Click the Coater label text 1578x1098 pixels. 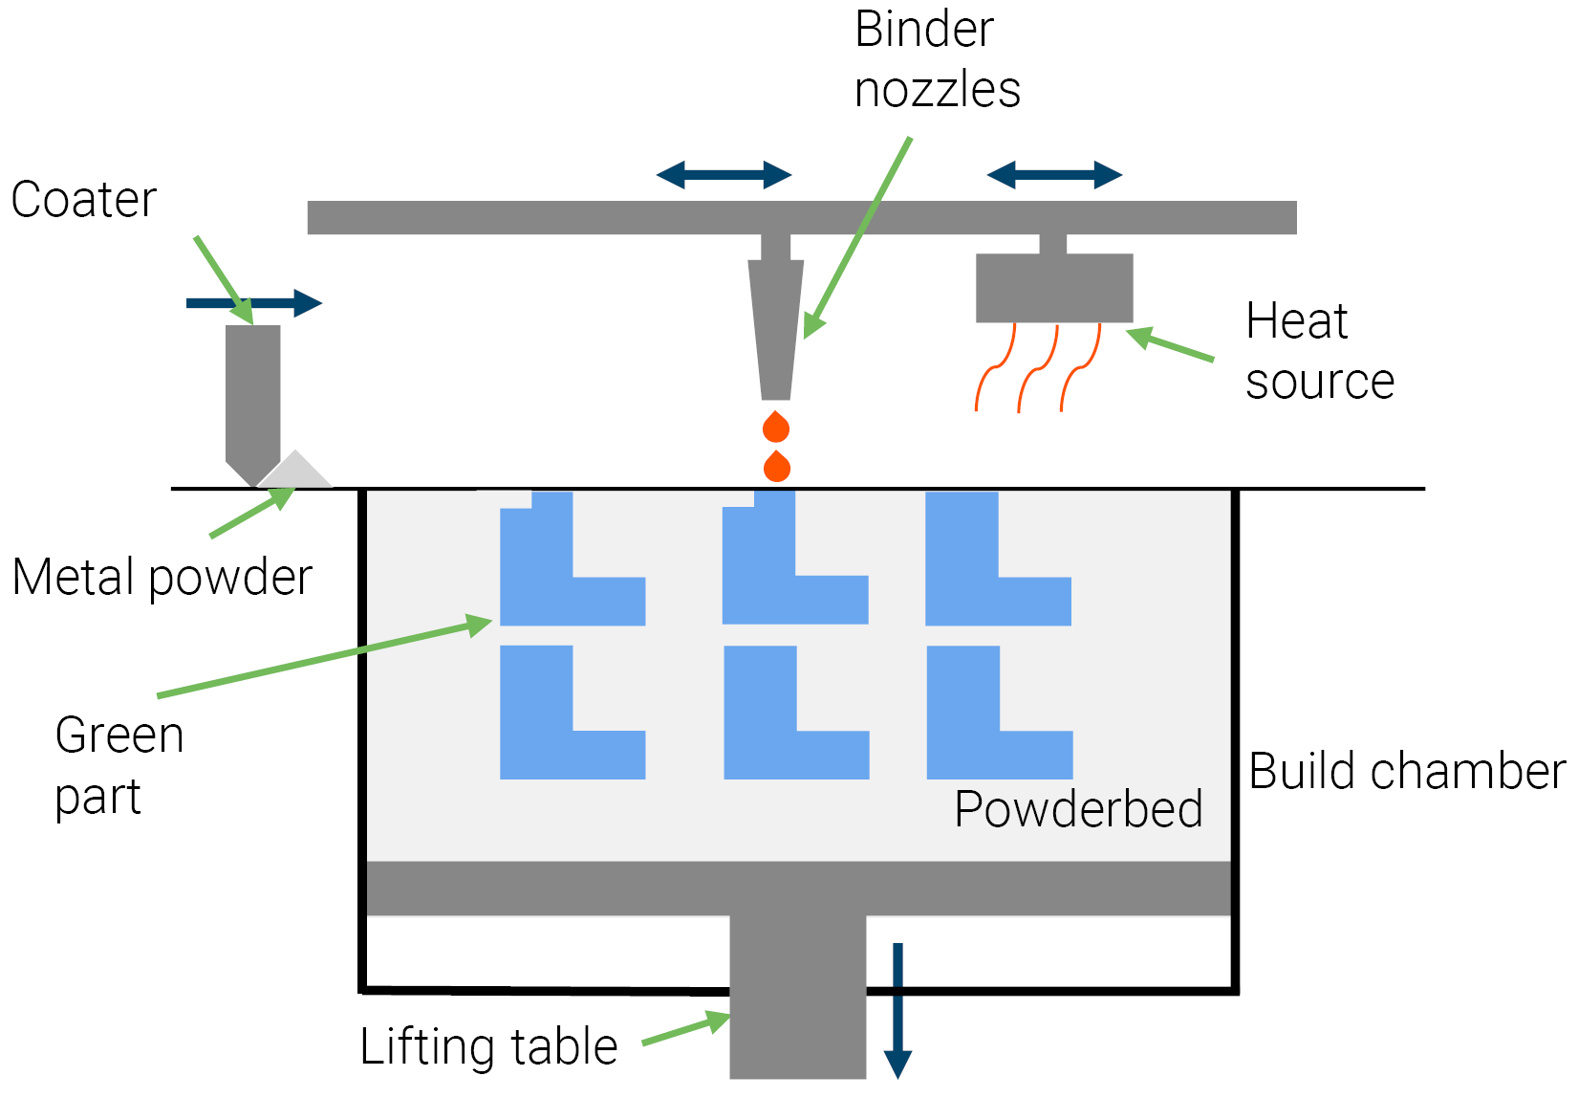pyautogui.click(x=84, y=200)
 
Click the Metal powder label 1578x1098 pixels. pyautogui.click(x=162, y=578)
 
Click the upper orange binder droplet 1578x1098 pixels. pyautogui.click(x=776, y=428)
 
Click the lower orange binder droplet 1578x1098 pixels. pyautogui.click(x=777, y=467)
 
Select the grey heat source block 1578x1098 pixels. pyautogui.click(x=1054, y=287)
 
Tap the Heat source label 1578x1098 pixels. pyautogui.click(x=1319, y=351)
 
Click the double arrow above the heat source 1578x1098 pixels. pyautogui.click(x=1054, y=175)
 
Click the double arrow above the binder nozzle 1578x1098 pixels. pyautogui.click(x=724, y=175)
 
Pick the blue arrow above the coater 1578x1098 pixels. pyautogui.click(x=254, y=303)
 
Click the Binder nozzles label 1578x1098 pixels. pyautogui.click(x=937, y=59)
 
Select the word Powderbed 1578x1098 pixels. pyautogui.click(x=1078, y=809)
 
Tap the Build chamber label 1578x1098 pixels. pyautogui.click(x=1407, y=771)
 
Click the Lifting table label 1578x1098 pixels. pyautogui.click(x=488, y=1046)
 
